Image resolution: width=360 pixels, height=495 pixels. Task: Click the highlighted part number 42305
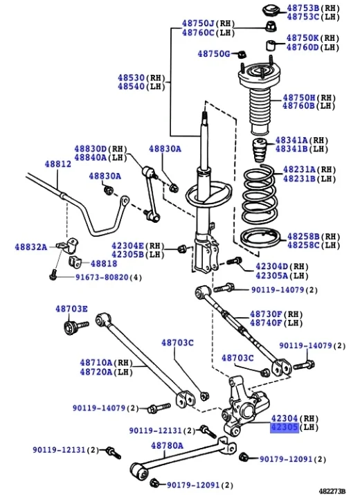pyautogui.click(x=285, y=428)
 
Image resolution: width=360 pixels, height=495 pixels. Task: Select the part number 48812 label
pyautogui.click(x=58, y=164)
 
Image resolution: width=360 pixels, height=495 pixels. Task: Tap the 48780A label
pyautogui.click(x=167, y=445)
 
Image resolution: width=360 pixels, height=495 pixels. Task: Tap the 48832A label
pyautogui.click(x=32, y=247)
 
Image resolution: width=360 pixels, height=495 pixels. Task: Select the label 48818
pyautogui.click(x=105, y=264)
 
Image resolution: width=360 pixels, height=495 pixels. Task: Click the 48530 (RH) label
pyautogui.click(x=134, y=78)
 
